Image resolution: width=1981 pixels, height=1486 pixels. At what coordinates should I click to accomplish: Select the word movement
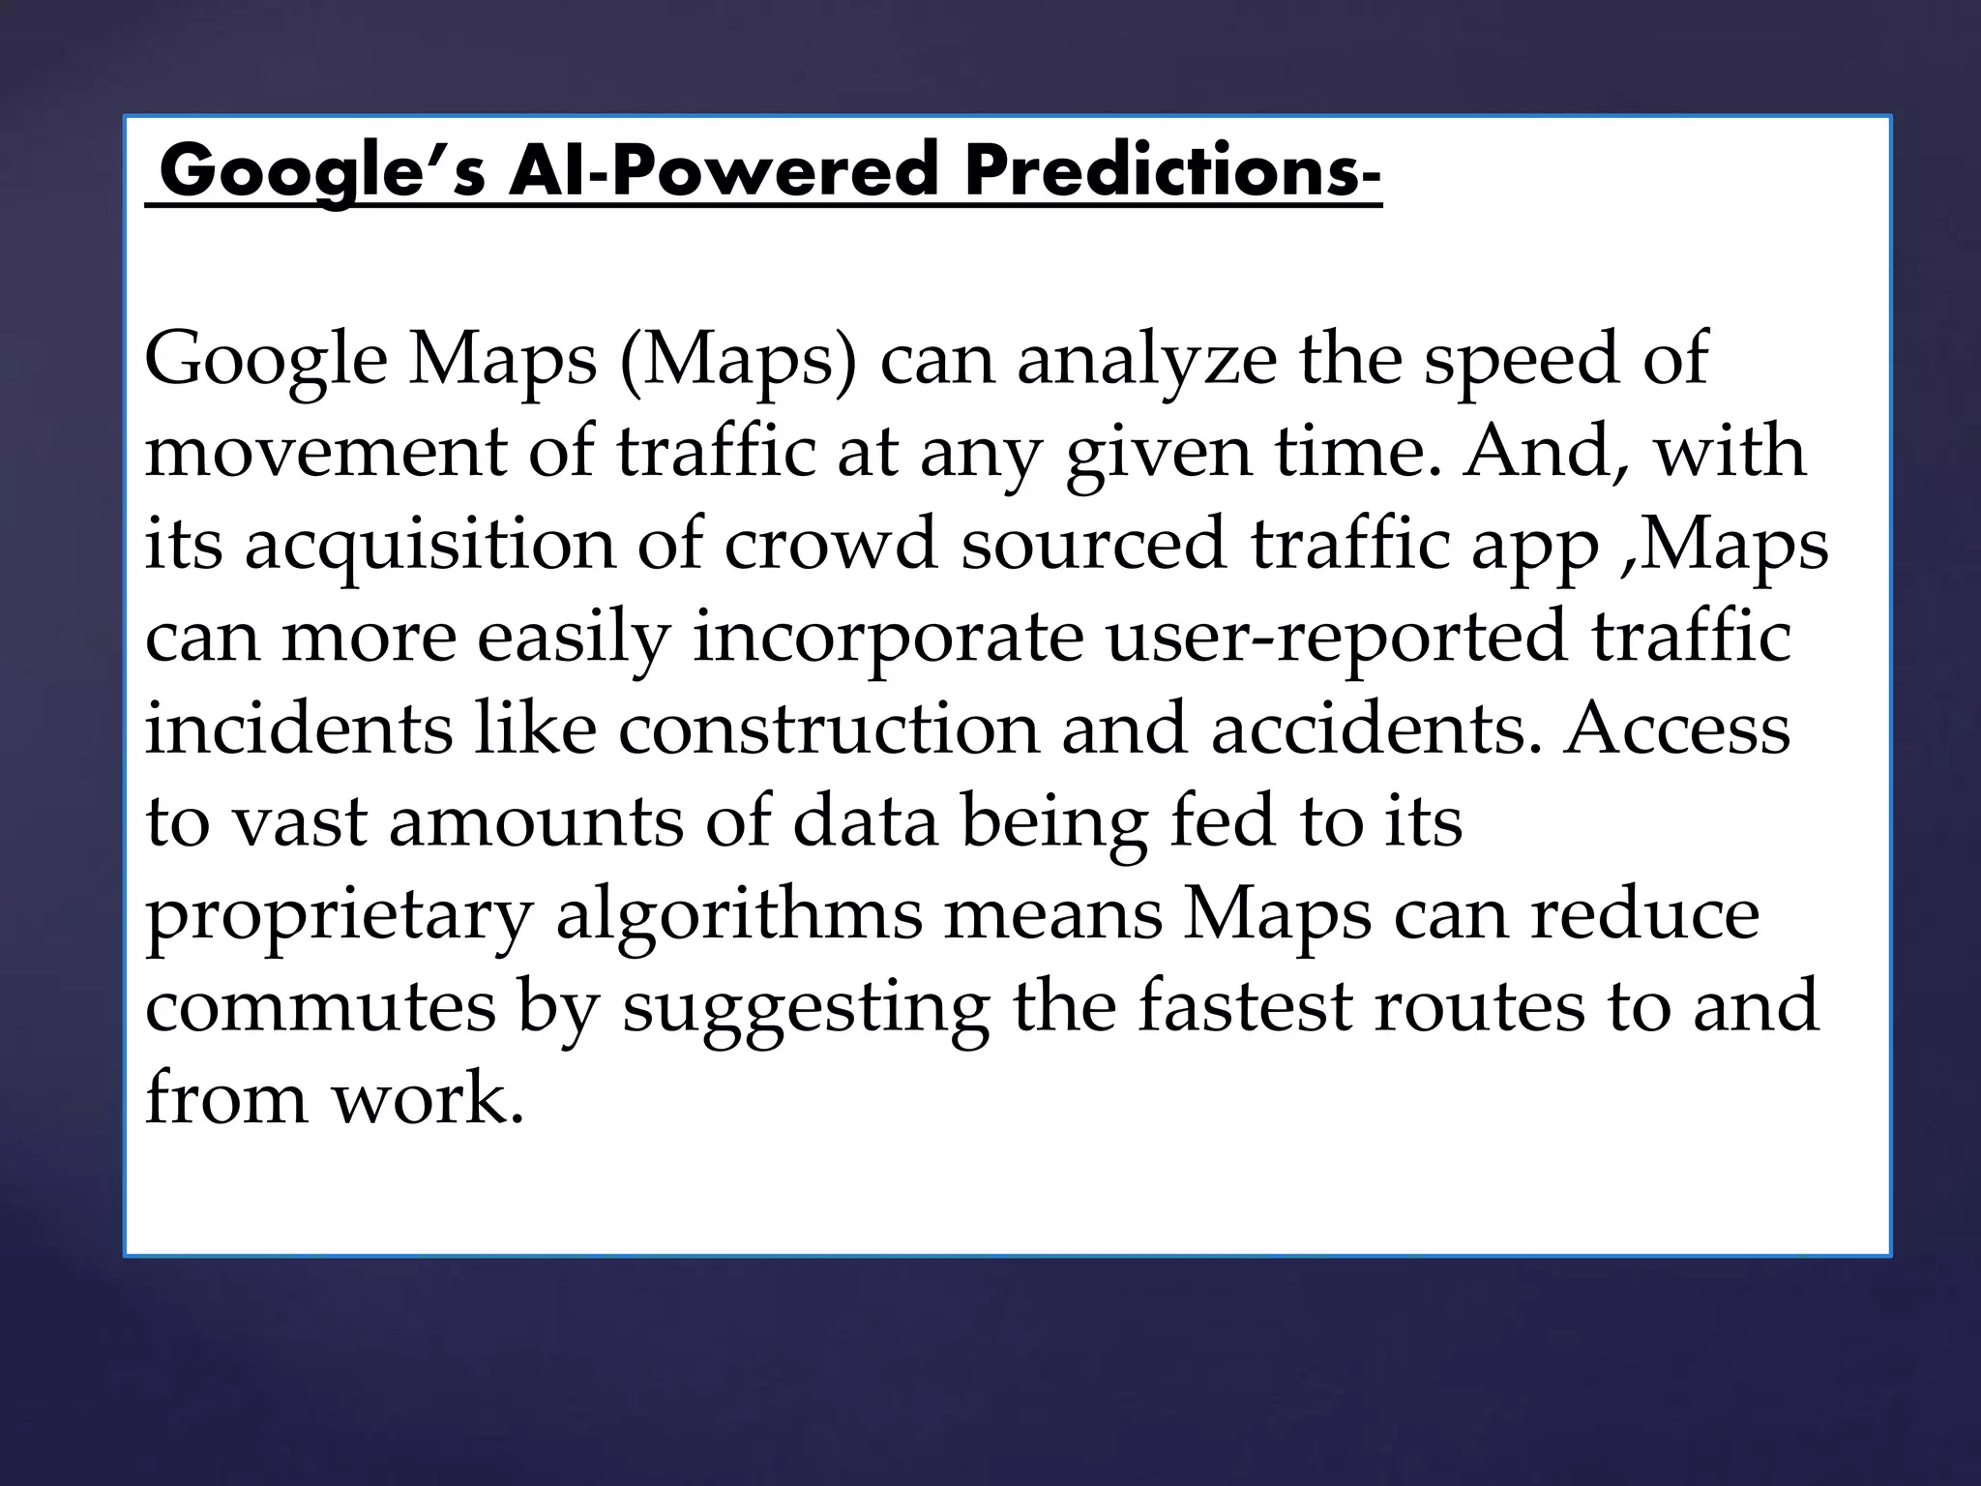(325, 453)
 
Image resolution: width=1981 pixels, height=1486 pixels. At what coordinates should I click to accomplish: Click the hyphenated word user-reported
(1336, 639)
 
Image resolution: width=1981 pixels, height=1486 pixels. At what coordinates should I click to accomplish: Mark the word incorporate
(887, 639)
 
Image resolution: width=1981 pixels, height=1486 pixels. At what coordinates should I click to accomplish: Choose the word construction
(828, 729)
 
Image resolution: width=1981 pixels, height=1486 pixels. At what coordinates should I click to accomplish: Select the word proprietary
(339, 917)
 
